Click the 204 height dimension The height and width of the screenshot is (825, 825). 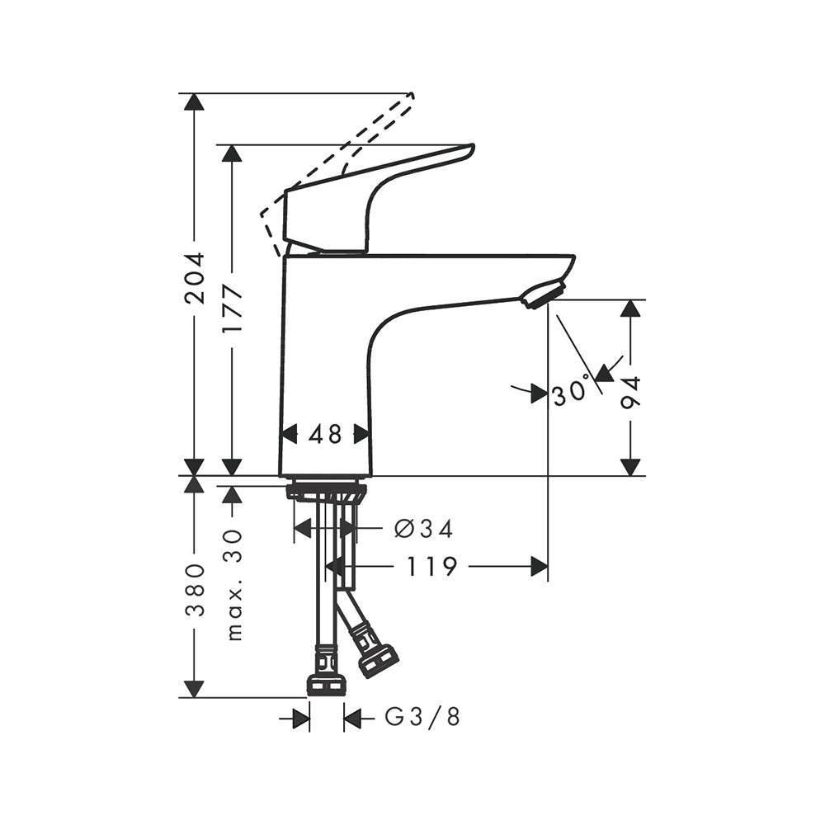pyautogui.click(x=195, y=278)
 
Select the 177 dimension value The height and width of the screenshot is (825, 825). pyautogui.click(x=232, y=309)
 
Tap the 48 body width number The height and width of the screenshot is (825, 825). pyautogui.click(x=325, y=435)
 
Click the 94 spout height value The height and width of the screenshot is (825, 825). pyautogui.click(x=630, y=393)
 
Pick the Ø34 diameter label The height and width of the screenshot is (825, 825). pyautogui.click(x=423, y=529)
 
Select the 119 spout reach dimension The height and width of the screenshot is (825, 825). pyautogui.click(x=431, y=567)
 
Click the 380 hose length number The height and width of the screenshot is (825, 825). pyautogui.click(x=195, y=590)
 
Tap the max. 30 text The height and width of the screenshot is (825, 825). pyautogui.click(x=234, y=585)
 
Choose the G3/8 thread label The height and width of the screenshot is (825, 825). pyautogui.click(x=422, y=716)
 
